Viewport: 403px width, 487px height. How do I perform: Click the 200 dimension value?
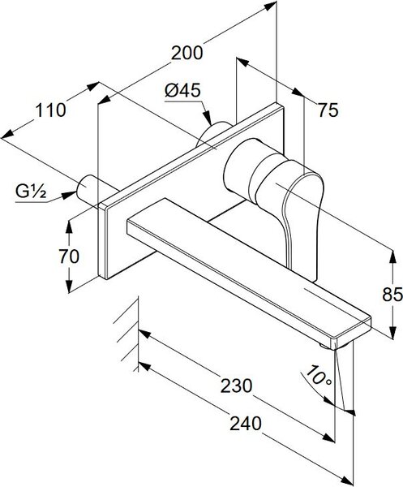coord(187,53)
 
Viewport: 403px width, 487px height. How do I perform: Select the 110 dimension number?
coord(50,110)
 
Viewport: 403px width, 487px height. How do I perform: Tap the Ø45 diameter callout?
coord(182,91)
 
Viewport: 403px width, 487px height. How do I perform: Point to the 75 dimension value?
coord(328,110)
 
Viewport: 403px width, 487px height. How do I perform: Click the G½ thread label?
coord(31,192)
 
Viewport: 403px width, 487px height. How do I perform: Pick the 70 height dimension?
coord(69,256)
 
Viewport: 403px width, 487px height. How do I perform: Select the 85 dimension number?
coord(392,295)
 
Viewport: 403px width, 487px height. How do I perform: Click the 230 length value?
coord(237,386)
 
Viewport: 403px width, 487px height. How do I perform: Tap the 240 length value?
coord(246,424)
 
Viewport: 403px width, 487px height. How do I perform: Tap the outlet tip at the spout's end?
coord(336,347)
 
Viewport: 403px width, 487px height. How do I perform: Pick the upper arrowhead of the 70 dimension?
coord(69,226)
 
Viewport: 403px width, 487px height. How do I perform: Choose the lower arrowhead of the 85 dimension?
coord(392,332)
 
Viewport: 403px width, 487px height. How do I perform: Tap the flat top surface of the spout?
coord(248,267)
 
